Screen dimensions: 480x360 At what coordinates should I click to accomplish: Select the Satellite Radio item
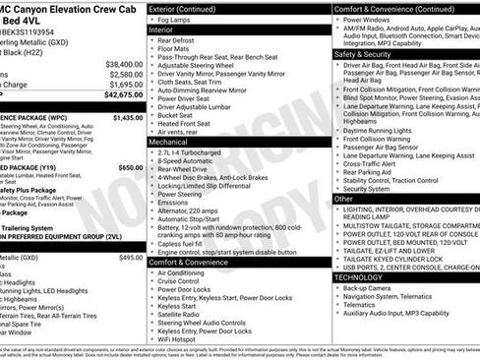pos(184,313)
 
